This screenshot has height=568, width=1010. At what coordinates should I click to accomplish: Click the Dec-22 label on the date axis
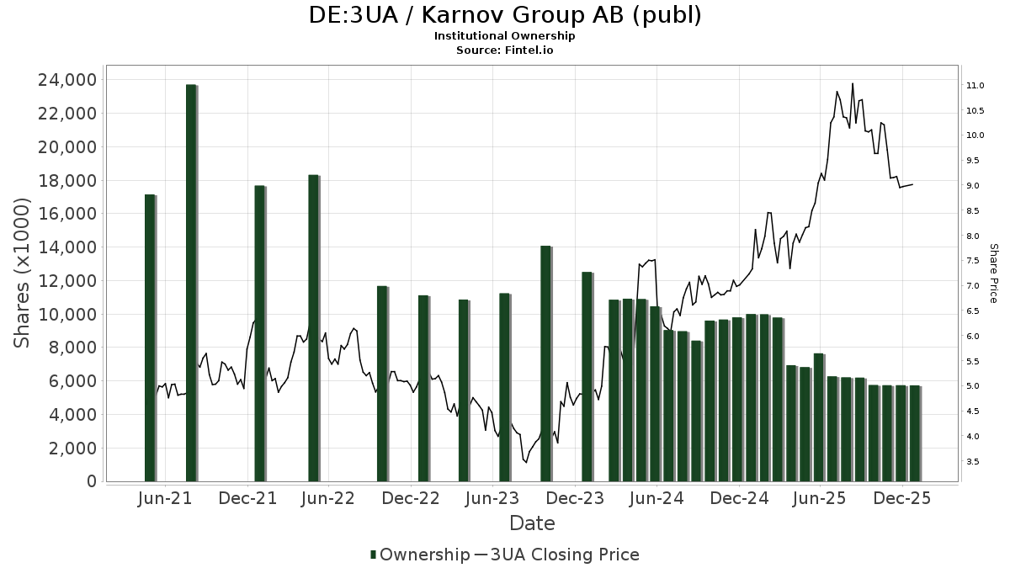click(x=412, y=498)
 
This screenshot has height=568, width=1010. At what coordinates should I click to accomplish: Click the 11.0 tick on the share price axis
click(x=975, y=86)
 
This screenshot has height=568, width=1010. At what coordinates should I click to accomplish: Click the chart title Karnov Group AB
click(x=505, y=16)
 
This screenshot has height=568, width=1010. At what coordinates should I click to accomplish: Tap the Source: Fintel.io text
click(x=505, y=50)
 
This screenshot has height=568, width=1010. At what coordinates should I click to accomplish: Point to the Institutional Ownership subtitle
click(x=505, y=36)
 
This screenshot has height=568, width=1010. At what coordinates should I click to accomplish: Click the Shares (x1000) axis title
click(x=22, y=273)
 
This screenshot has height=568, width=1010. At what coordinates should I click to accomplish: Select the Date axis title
click(x=532, y=523)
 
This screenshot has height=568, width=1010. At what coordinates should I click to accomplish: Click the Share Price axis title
click(x=993, y=273)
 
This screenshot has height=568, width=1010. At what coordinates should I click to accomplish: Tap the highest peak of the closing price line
click(x=853, y=83)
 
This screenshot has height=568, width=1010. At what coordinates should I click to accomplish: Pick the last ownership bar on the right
click(x=914, y=433)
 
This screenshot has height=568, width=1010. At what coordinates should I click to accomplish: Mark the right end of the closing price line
click(x=913, y=184)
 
